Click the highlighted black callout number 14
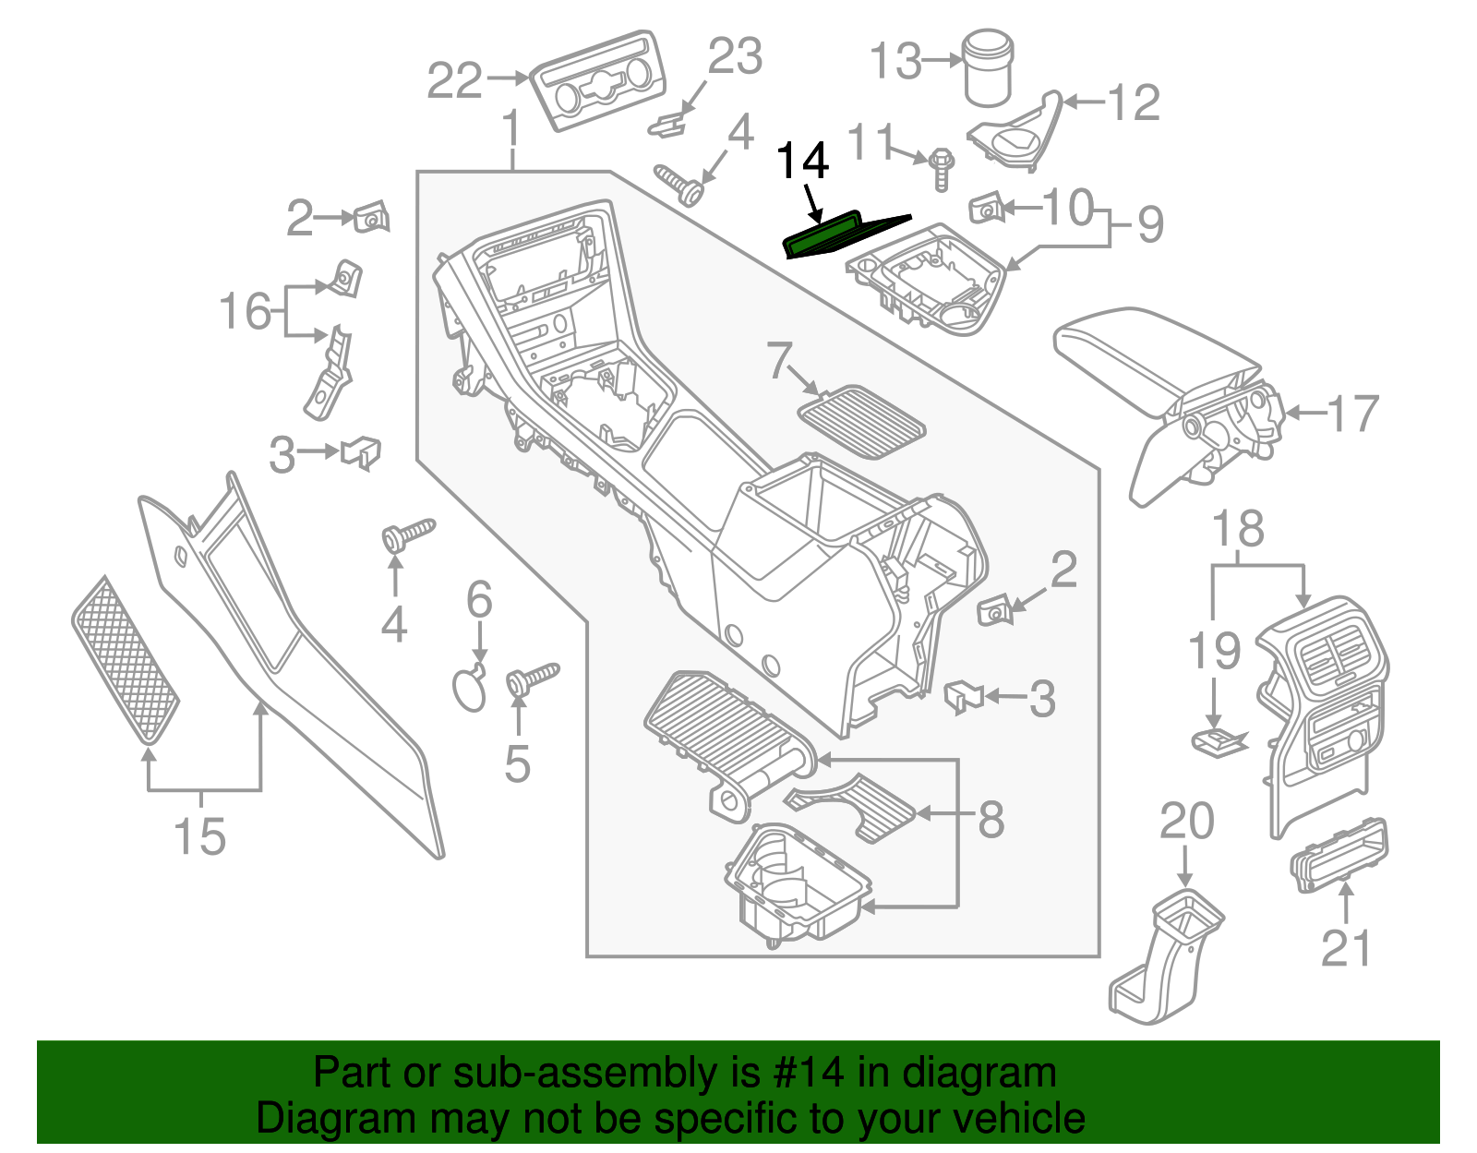(802, 162)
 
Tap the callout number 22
(455, 81)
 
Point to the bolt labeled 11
(941, 169)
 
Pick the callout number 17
(1353, 414)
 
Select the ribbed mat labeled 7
(860, 422)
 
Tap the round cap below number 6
(470, 689)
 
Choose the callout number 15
(199, 836)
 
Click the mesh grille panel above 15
(125, 661)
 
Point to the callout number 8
(991, 818)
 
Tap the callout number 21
(1346, 948)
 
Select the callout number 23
(735, 56)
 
